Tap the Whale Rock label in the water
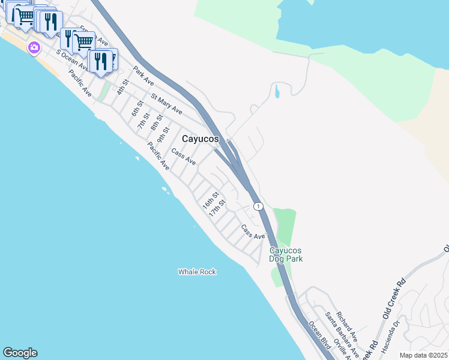[197, 272]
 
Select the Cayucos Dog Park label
[286, 254]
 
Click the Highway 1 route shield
[258, 206]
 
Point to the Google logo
[20, 353]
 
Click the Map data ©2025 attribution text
[423, 355]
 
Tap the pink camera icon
[34, 47]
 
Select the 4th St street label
[123, 87]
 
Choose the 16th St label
[208, 199]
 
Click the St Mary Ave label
[167, 104]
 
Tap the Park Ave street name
[144, 75]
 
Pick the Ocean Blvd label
[320, 334]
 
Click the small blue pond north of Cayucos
[276, 92]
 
